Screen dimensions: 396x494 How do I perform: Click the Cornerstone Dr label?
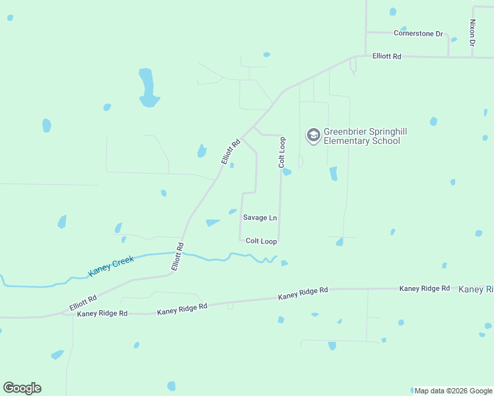[418, 33]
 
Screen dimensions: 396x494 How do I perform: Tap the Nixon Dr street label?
[472, 32]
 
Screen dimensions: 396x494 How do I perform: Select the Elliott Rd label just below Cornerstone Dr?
[386, 57]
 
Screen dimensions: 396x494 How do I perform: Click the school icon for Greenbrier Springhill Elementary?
[313, 136]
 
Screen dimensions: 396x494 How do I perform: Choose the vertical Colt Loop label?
[282, 151]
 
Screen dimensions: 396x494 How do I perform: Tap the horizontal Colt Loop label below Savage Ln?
[261, 242]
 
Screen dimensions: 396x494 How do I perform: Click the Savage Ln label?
[260, 218]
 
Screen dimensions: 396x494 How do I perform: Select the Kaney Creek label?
[112, 266]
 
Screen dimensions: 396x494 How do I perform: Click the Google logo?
[22, 388]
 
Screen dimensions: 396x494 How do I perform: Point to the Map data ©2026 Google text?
[453, 391]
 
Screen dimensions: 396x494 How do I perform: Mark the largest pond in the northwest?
[147, 88]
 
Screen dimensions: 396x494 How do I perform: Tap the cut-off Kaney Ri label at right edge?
[476, 289]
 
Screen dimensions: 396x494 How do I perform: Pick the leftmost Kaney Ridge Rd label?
[102, 313]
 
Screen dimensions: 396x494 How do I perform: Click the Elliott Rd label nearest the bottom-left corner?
[83, 304]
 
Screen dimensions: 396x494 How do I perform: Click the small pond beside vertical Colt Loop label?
[287, 172]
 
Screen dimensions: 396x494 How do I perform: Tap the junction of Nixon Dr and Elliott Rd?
[472, 57]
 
